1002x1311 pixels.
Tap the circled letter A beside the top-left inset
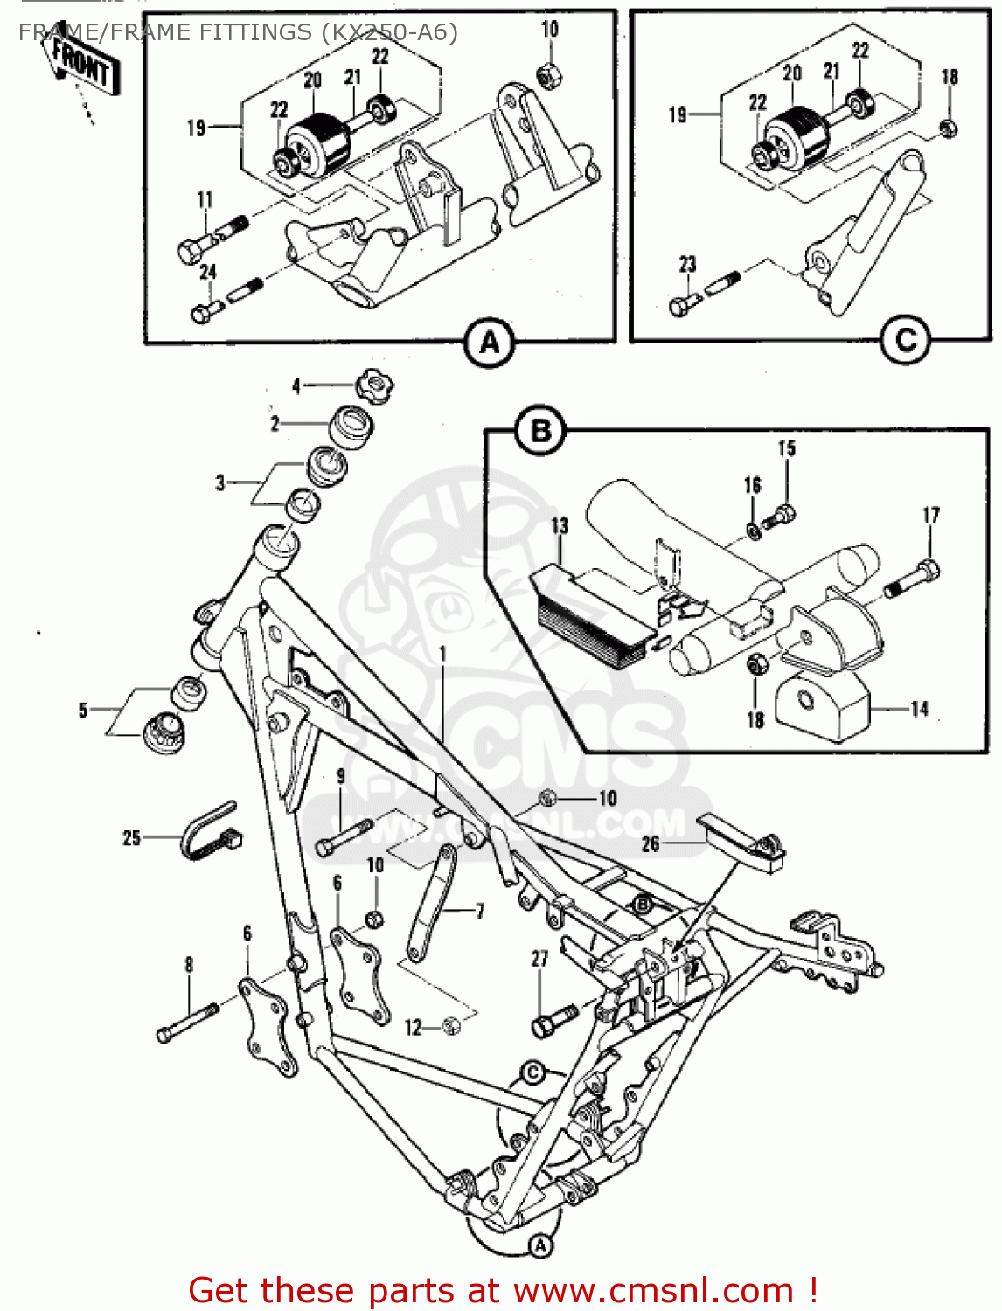490,342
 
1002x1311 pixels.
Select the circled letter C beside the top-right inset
905,340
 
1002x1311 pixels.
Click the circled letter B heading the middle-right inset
540,431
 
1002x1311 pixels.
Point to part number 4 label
296,385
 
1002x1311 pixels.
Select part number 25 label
131,838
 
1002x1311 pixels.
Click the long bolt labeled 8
187,1023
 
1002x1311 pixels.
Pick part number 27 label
539,958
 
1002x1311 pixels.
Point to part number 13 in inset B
560,526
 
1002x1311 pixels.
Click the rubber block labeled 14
822,708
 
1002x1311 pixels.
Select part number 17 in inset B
930,515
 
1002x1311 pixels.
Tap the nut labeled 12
451,1026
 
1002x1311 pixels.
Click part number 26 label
651,843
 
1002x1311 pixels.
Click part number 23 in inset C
687,264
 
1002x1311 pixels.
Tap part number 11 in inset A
205,200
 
